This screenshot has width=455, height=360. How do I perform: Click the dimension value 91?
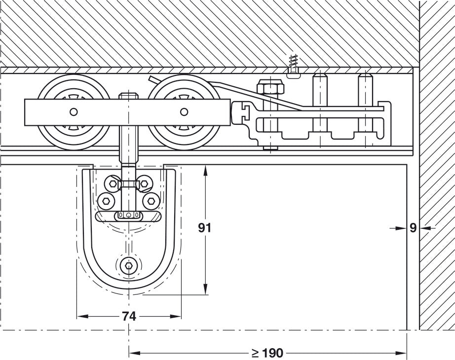[205, 227]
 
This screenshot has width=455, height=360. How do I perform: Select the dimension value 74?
[129, 317]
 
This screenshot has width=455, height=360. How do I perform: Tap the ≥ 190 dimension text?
[267, 353]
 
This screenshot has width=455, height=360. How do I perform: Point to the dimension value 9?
[413, 227]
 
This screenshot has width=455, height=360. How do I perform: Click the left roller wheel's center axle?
[74, 112]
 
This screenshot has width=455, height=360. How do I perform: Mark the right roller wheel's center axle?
[184, 112]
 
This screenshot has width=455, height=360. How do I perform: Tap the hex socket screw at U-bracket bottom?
[129, 266]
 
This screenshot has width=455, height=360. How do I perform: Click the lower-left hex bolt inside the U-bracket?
[106, 201]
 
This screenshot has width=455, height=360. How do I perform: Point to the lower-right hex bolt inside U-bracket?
[151, 201]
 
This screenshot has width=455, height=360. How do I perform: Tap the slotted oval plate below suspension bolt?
[129, 215]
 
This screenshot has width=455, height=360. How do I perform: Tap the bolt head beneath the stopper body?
[270, 147]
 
